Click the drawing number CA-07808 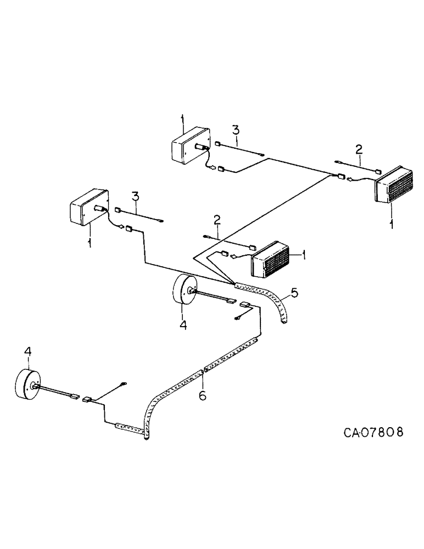pos(373,432)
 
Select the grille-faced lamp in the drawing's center pos(270,260)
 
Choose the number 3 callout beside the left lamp pos(135,196)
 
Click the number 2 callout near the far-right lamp pos(359,149)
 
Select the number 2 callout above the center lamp pos(217,220)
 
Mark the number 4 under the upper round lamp pos(183,325)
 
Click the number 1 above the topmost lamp pos(182,119)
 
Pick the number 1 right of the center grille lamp pos(304,255)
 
